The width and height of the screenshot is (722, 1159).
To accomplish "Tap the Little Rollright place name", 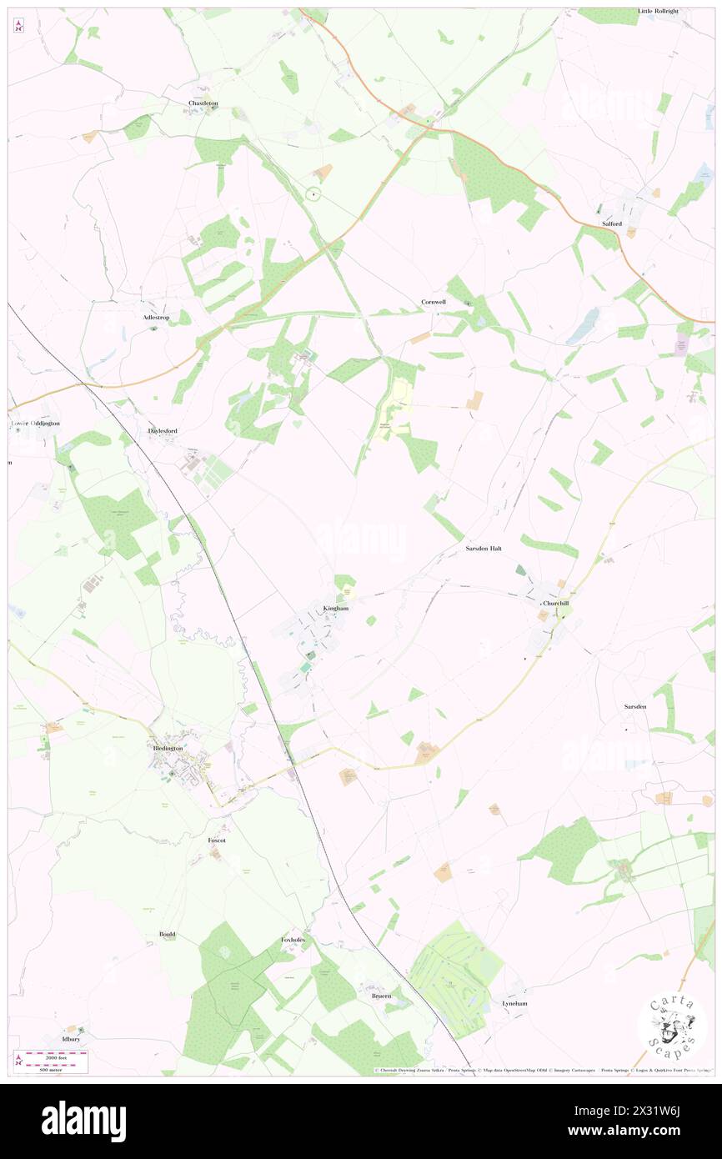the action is pyautogui.click(x=659, y=11).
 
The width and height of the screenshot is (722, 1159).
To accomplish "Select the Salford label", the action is pyautogui.click(x=612, y=223).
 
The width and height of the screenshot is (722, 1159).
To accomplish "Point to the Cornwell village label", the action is pyautogui.click(x=434, y=301).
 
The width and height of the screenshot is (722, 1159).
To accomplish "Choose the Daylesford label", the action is pyautogui.click(x=163, y=430).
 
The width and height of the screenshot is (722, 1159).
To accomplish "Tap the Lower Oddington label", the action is pyautogui.click(x=36, y=424).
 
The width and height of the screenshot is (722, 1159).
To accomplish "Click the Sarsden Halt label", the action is pyautogui.click(x=484, y=549).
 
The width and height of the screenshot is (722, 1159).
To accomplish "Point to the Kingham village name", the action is pyautogui.click(x=335, y=608).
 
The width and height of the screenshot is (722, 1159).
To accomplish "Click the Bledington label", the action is pyautogui.click(x=168, y=748).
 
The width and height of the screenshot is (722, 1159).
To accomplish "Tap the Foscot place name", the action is pyautogui.click(x=217, y=840).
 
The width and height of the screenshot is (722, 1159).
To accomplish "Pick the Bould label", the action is pyautogui.click(x=167, y=934).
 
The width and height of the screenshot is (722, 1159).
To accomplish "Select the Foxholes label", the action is pyautogui.click(x=293, y=940).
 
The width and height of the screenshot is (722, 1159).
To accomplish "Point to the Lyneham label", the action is pyautogui.click(x=514, y=1003).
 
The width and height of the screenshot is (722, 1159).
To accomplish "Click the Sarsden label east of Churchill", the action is pyautogui.click(x=635, y=706).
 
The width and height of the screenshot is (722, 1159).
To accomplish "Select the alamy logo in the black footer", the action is pyautogui.click(x=83, y=1121).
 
